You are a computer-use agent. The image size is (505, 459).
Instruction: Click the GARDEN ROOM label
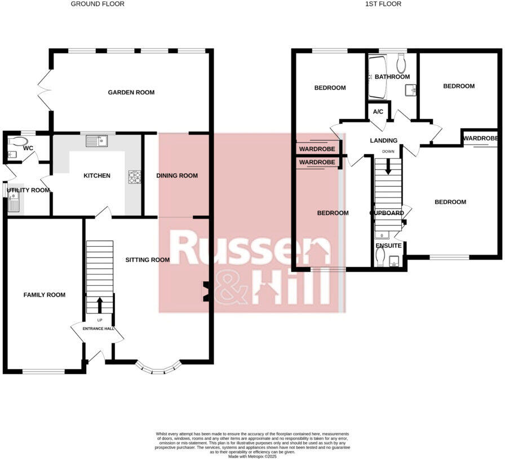click(131, 93)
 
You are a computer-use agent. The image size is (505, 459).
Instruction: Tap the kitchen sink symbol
click(98, 139)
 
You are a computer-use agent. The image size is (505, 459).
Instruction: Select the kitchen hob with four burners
click(135, 177)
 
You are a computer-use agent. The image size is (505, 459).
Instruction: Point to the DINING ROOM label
click(177, 176)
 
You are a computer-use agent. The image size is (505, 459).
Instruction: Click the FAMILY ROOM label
click(44, 295)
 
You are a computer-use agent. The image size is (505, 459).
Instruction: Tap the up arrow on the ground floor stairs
click(100, 305)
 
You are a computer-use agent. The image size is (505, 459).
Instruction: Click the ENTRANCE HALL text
click(98, 329)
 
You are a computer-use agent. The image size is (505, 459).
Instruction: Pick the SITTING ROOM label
click(147, 260)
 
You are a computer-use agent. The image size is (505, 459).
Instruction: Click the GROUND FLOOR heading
click(98, 4)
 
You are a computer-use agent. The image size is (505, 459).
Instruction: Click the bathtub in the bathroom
click(376, 77)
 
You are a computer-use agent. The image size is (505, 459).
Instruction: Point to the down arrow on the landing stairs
click(387, 168)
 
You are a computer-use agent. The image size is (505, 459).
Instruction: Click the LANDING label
click(384, 141)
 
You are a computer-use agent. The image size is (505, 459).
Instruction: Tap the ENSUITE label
click(389, 246)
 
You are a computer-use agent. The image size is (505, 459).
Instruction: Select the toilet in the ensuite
click(380, 257)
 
